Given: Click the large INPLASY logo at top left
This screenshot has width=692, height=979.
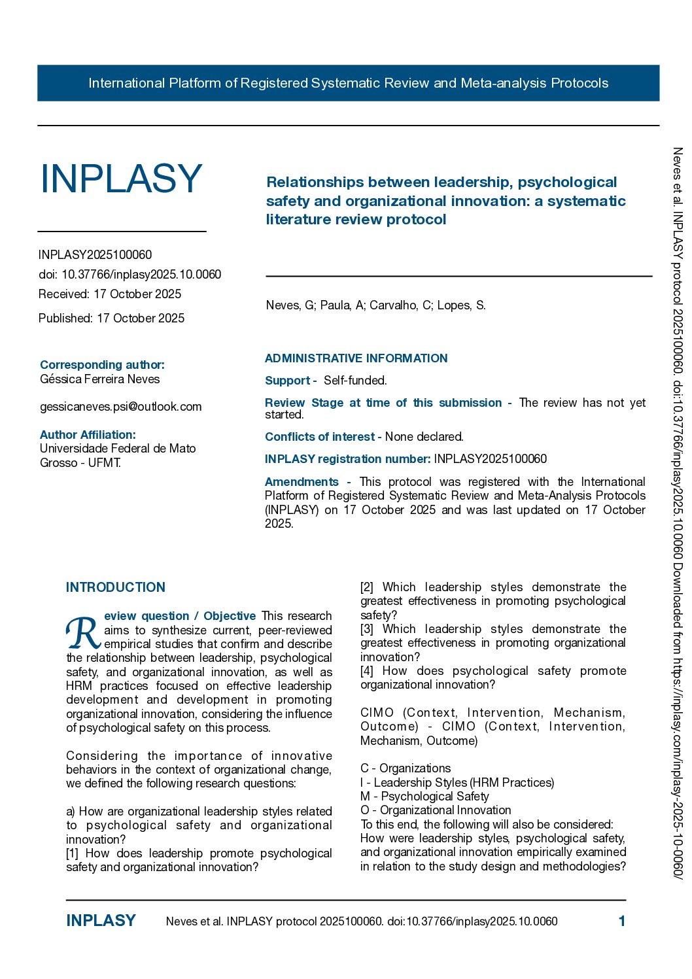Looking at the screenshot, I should [121, 179].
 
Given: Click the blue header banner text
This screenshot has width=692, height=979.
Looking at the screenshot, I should [348, 83].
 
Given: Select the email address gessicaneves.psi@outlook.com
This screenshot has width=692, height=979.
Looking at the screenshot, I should [121, 407].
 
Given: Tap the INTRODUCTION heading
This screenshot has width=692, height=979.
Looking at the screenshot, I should [116, 587].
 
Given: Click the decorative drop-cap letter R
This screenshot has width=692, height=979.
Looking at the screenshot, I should [83, 632].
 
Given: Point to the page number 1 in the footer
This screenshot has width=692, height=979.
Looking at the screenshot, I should [621, 921].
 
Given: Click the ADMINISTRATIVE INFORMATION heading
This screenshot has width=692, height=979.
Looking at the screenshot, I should [356, 358].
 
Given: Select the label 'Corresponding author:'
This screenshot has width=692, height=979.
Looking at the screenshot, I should [102, 365].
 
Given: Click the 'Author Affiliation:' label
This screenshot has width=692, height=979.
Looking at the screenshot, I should [88, 435].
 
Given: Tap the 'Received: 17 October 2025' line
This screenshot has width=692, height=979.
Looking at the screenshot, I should [110, 294].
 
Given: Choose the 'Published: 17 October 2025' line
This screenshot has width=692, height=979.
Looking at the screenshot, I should [112, 318].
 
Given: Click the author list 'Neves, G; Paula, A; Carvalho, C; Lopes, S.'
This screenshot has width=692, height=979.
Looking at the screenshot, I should [375, 305].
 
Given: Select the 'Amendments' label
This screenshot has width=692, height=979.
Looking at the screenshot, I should [302, 482].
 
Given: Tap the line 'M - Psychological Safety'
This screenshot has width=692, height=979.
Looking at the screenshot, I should [424, 797].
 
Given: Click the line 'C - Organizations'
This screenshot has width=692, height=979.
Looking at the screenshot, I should [406, 768].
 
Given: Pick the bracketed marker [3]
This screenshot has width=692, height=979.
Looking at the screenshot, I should [367, 629].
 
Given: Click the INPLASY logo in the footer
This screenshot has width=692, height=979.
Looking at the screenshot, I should [101, 921].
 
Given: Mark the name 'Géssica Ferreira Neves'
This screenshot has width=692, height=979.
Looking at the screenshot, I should [99, 379].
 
